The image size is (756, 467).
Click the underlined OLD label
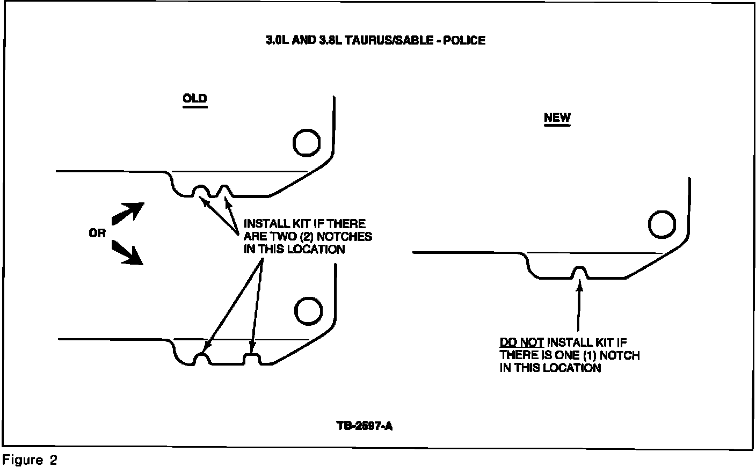[194, 99]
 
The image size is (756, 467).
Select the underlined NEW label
[557, 118]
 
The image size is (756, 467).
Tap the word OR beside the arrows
[97, 233]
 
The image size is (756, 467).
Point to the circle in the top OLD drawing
[307, 143]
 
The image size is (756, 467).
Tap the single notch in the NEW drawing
[579, 272]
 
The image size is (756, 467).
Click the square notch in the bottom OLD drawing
[252, 359]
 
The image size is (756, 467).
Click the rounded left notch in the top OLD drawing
[200, 191]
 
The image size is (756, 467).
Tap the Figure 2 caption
[30, 460]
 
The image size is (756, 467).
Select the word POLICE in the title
[465, 40]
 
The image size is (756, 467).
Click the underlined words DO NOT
[521, 342]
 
